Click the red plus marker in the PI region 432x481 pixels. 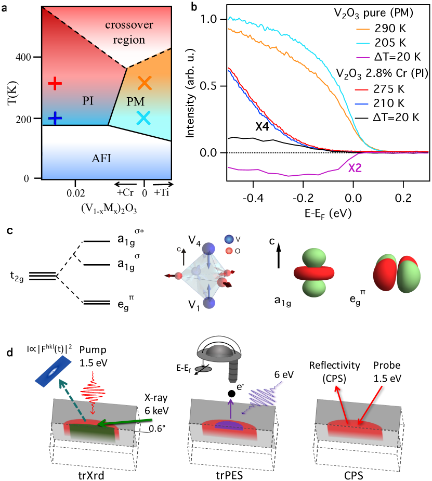[x=55, y=83]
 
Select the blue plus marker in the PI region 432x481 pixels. [x=55, y=118]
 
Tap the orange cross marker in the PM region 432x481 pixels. [x=145, y=82]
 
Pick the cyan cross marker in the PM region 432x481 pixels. [x=145, y=118]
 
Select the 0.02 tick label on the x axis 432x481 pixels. [x=76, y=192]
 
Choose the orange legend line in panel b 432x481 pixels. [x=363, y=30]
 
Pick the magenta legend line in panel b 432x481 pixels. [x=363, y=57]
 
